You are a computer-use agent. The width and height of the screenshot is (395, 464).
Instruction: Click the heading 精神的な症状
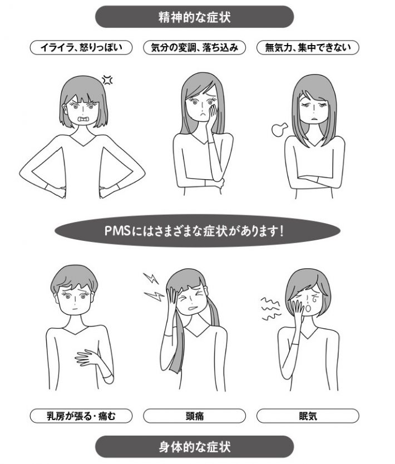194,17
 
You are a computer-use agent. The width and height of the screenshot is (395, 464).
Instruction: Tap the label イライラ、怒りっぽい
81,48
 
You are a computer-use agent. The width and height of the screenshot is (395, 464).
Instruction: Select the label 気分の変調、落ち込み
194,48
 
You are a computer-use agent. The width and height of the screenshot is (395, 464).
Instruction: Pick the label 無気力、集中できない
308,48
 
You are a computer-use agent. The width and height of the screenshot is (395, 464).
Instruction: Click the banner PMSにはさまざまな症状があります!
197,230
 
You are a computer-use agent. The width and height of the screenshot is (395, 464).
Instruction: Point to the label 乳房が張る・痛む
81,415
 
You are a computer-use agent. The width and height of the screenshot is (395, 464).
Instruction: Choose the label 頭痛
194,415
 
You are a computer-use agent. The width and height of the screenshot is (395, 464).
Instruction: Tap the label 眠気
308,415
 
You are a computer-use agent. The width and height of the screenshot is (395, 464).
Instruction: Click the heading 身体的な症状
194,446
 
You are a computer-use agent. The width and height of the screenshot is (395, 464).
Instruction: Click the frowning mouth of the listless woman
315,119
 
